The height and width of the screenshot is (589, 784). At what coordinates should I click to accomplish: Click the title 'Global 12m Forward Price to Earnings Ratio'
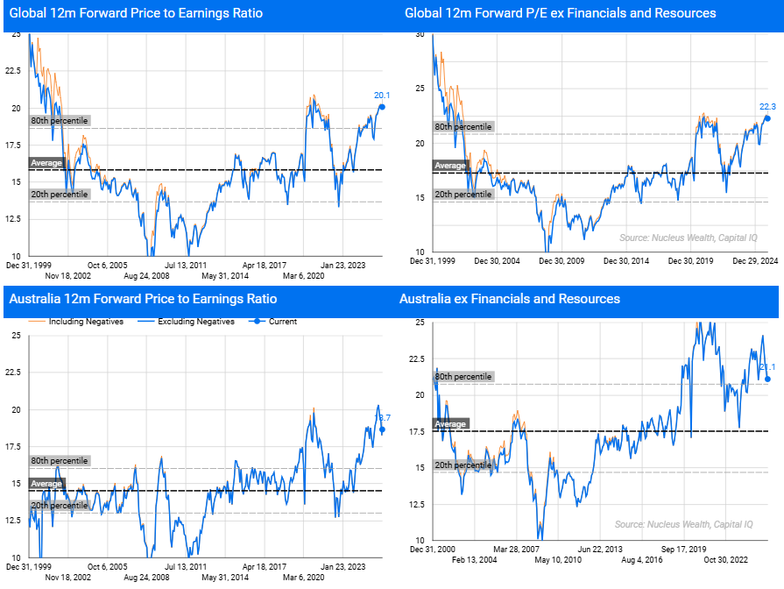(136, 13)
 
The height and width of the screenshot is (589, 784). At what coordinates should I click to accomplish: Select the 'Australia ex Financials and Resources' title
(509, 299)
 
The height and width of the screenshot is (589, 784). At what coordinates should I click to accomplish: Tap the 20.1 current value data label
(381, 96)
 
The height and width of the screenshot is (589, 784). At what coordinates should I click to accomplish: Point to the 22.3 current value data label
(767, 107)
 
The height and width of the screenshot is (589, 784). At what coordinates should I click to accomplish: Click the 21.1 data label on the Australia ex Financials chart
(768, 367)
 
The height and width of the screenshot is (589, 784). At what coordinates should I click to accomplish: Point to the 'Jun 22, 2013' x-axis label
(602, 550)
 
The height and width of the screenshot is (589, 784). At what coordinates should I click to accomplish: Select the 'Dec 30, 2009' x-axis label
(562, 260)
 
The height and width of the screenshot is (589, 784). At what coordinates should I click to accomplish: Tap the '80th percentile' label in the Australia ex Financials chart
(463, 376)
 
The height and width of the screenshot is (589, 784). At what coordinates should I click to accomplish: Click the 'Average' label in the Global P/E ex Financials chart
(450, 166)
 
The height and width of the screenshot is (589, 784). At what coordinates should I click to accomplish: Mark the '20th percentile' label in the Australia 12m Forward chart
(59, 505)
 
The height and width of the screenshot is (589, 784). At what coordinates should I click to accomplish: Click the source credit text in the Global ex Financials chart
(688, 238)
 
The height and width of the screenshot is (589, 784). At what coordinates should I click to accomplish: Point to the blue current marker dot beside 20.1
(381, 107)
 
